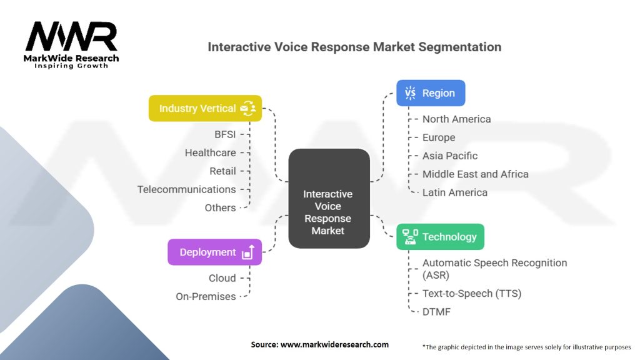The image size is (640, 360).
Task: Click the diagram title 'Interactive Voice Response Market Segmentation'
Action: point(354,47)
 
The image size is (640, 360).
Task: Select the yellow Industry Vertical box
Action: point(205,108)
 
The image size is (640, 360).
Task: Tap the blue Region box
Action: point(431,93)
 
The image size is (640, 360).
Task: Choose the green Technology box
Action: point(440,237)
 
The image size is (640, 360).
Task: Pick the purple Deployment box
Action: point(214,252)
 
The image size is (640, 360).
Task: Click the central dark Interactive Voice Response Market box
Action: point(328,198)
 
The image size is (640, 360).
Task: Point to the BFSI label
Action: point(225,134)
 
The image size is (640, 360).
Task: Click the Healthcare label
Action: point(210,152)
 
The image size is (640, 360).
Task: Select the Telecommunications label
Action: point(187,189)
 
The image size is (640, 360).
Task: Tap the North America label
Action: point(456,119)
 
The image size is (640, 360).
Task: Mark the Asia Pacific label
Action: point(450,156)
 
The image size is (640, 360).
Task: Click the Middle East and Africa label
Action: point(475,174)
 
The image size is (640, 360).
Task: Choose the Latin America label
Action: point(454,192)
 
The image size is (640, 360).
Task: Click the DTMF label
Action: point(436,311)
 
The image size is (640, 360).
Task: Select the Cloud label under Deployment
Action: point(222,278)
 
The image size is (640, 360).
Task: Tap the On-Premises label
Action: point(206,296)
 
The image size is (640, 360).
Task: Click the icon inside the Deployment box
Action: point(247,252)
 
